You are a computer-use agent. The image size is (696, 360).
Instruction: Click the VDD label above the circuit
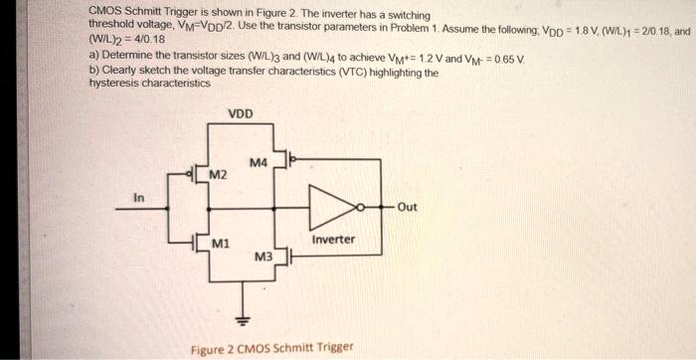(241, 113)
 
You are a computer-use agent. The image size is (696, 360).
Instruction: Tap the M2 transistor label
(217, 176)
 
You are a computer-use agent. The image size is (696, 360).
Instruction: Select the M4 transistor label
(259, 162)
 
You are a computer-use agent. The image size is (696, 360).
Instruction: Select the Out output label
(408, 207)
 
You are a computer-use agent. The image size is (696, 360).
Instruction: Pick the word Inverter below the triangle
(333, 240)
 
